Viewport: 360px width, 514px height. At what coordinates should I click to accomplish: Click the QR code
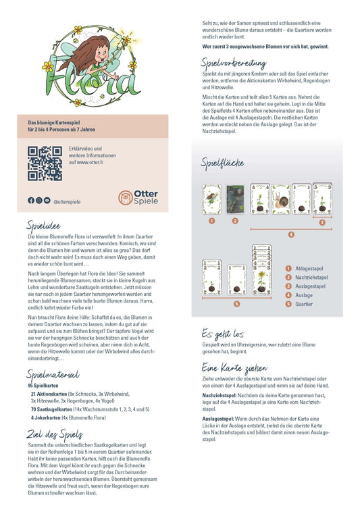[45, 163]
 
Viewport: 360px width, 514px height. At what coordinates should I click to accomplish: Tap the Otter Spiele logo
[138, 197]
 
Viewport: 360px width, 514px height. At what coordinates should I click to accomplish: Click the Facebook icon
[31, 201]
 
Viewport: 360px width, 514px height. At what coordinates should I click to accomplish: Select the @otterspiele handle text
[66, 201]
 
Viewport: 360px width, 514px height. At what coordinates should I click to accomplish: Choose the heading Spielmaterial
[53, 374]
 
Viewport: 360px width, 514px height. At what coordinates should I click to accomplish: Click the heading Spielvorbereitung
[238, 63]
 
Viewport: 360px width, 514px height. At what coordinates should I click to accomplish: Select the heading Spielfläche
[222, 163]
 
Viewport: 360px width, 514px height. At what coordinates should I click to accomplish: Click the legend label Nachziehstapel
[313, 277]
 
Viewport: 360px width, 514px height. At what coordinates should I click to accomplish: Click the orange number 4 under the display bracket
[291, 234]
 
